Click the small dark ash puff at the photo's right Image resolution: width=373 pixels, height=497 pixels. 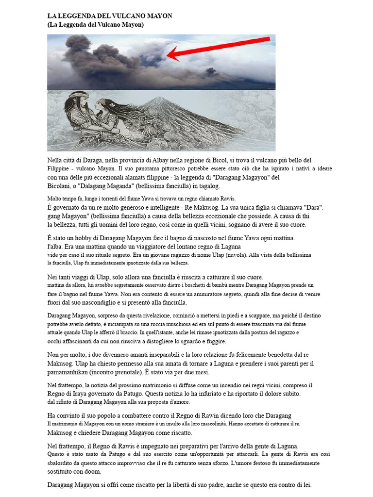point(211,72)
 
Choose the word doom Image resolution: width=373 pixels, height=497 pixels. point(93,471)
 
